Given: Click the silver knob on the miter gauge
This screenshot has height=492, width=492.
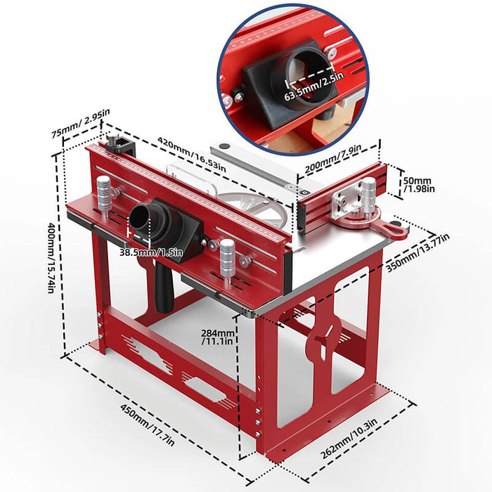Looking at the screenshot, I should tap(368, 193).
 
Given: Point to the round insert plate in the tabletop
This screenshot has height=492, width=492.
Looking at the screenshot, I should tap(258, 208).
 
